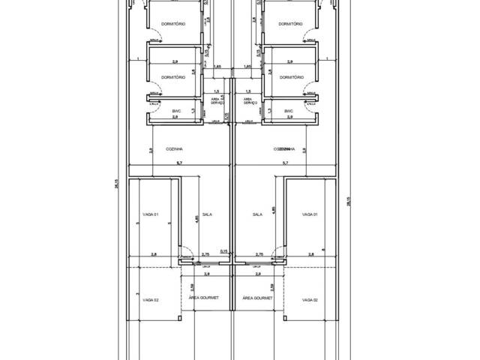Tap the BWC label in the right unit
coord(288,111)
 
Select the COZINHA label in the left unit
coord(176,149)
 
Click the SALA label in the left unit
coord(207,214)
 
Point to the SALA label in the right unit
coord(257,214)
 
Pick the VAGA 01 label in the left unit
coord(151,214)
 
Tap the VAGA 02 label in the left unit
coord(151,299)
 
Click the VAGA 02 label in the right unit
coord(310,299)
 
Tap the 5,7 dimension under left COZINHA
coord(178,163)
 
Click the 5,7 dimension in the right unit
coord(285,163)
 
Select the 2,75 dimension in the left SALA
coord(206,255)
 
